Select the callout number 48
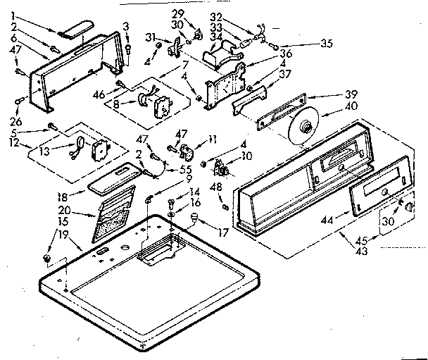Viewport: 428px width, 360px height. click(215, 187)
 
